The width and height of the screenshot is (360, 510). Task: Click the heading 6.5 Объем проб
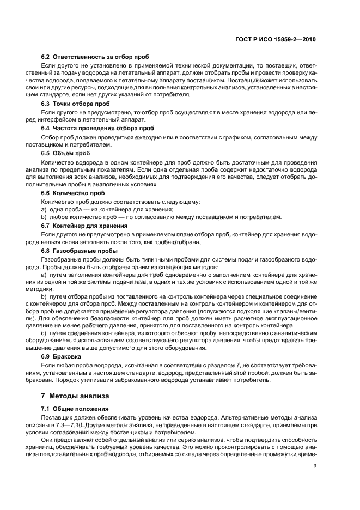(65, 153)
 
